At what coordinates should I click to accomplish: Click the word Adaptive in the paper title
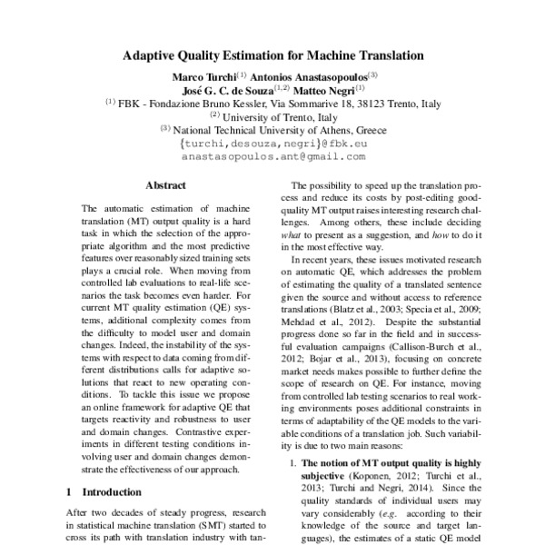click(153, 55)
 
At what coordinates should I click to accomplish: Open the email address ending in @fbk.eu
click(272, 143)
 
